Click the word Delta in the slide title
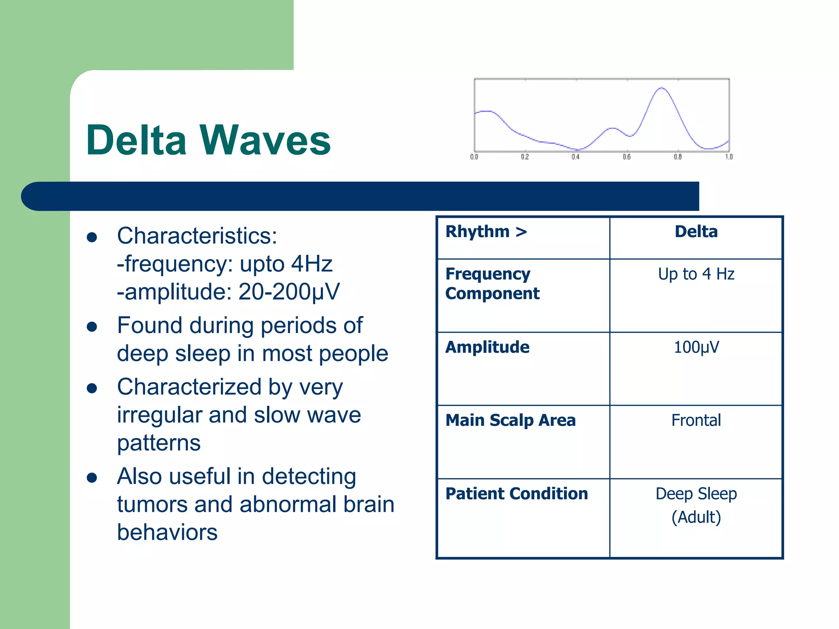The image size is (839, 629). [136, 140]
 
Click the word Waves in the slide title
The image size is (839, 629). [265, 140]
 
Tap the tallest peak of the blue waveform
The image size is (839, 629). [661, 88]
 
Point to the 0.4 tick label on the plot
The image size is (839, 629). [576, 157]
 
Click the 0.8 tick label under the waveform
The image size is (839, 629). [678, 157]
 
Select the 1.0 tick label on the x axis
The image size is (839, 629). [729, 157]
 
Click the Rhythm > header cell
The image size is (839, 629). [486, 232]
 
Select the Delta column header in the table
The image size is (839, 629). [696, 232]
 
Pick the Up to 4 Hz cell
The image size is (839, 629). [696, 274]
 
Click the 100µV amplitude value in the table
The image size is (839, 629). [696, 347]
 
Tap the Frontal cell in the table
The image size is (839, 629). [696, 421]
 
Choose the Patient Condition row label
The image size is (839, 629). [517, 494]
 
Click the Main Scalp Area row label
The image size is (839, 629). [510, 421]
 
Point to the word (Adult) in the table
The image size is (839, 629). [696, 517]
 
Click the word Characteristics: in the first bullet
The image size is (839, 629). [197, 236]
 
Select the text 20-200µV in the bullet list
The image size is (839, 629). [289, 292]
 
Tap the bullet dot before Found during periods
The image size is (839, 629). [92, 326]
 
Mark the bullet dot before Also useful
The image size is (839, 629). [92, 477]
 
